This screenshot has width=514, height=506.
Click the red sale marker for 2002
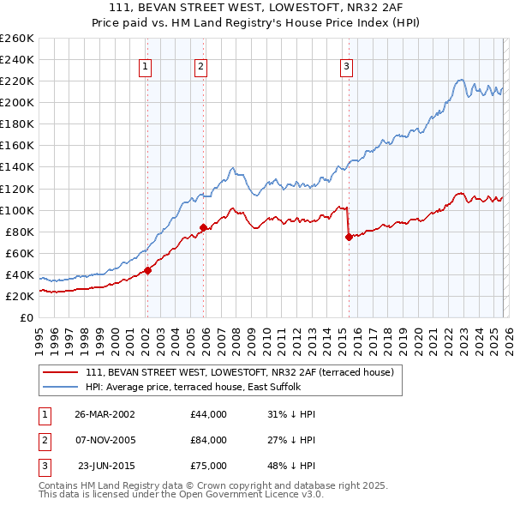click(x=147, y=270)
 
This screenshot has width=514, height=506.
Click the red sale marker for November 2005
click(x=203, y=227)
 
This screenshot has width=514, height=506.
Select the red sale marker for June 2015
click(x=349, y=238)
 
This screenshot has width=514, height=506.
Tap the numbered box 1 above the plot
click(x=145, y=67)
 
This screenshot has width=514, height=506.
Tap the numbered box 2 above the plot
click(x=200, y=67)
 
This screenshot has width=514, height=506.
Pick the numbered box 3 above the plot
click(x=346, y=67)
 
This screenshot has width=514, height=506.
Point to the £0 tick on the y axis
click(x=27, y=317)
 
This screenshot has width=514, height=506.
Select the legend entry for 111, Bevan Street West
click(x=239, y=372)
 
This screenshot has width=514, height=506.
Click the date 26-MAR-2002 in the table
click(x=105, y=414)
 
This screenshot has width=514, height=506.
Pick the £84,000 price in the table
click(x=209, y=440)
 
